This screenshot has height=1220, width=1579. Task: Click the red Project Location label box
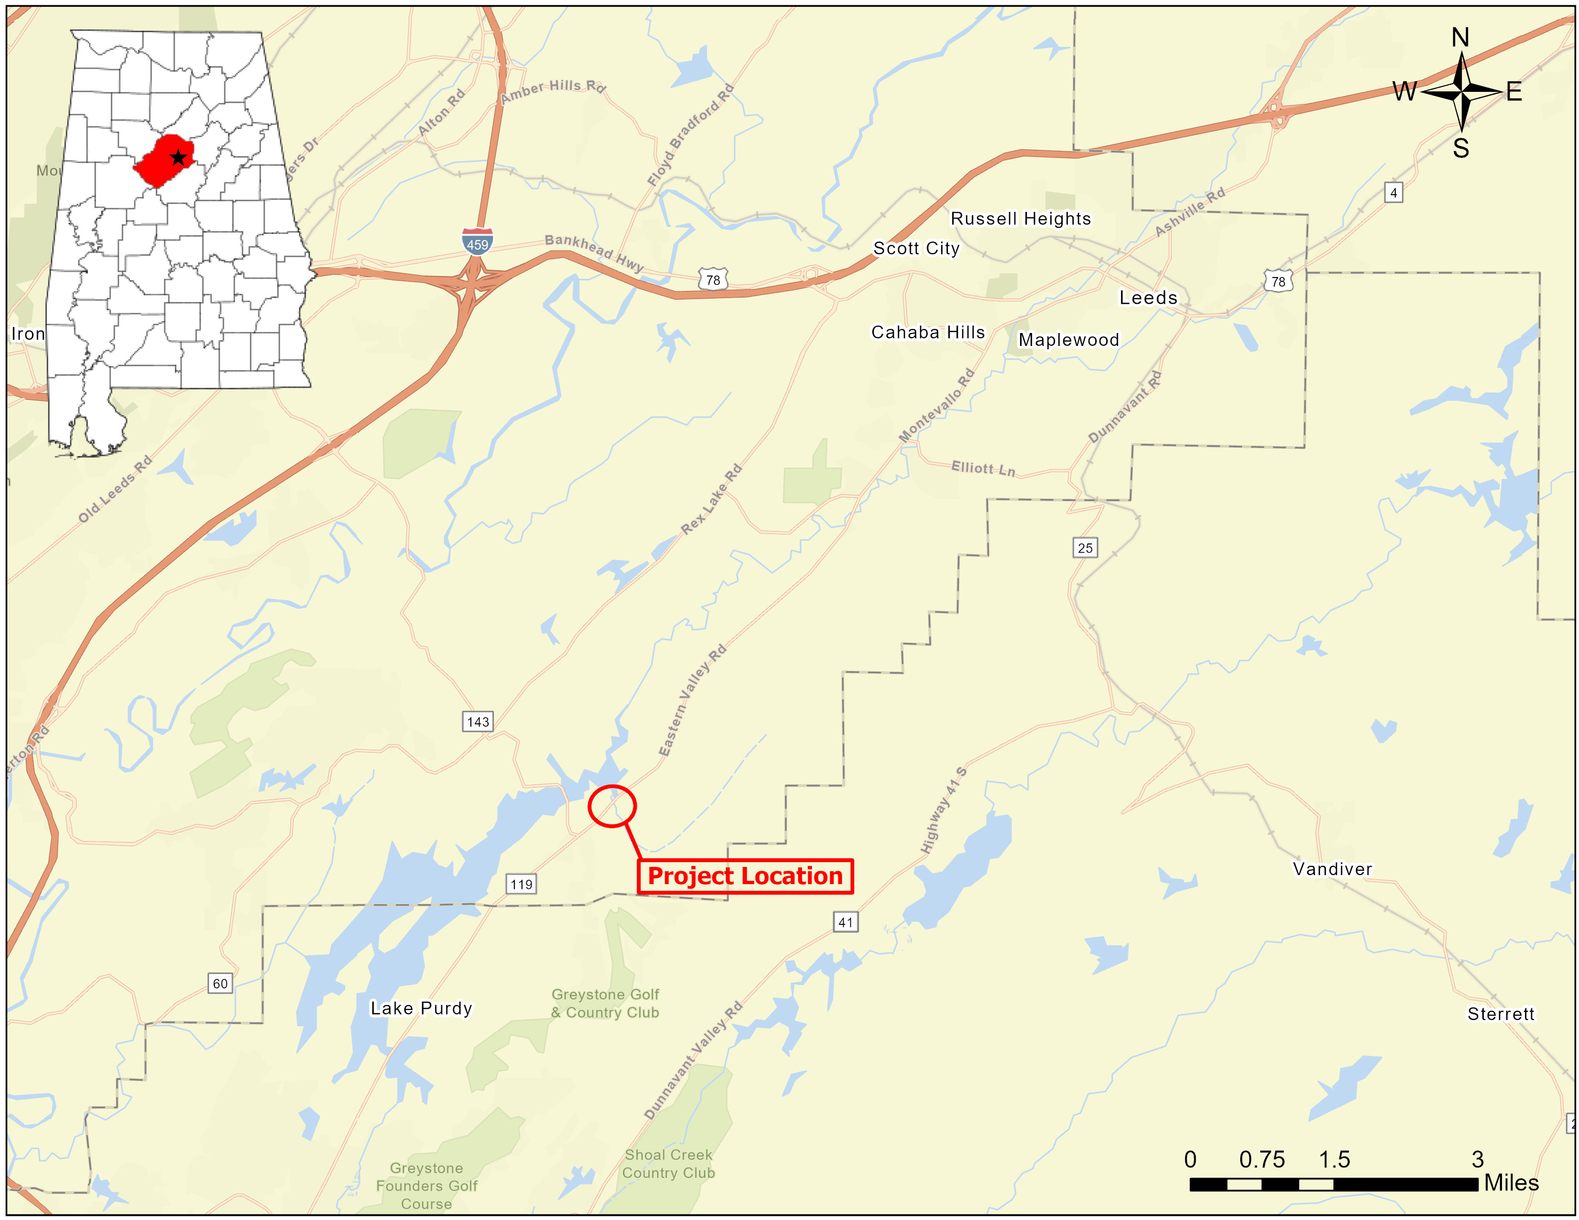(x=745, y=876)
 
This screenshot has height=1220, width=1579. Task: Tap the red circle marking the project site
(x=612, y=805)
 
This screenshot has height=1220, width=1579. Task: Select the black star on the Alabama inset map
(x=178, y=157)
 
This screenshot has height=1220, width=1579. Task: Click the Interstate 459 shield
(x=477, y=242)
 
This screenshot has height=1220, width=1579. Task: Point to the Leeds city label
(x=1148, y=298)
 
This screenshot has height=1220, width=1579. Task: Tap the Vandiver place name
(x=1333, y=869)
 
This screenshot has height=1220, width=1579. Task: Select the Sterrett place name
(x=1500, y=1014)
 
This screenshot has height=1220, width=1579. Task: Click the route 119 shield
(x=521, y=884)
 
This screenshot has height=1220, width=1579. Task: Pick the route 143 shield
(x=478, y=721)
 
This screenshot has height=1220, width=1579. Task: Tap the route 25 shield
(x=1084, y=547)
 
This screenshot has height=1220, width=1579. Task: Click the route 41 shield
(x=845, y=922)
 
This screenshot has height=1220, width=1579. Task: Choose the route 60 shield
(x=220, y=983)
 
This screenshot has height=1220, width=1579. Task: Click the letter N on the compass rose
(x=1460, y=38)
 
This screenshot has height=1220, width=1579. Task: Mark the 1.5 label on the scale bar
(x=1334, y=1159)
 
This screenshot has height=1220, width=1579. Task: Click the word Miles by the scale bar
(x=1511, y=1183)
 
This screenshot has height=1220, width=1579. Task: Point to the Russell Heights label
(x=1020, y=218)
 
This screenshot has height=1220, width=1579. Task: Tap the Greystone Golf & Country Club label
(x=605, y=1003)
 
